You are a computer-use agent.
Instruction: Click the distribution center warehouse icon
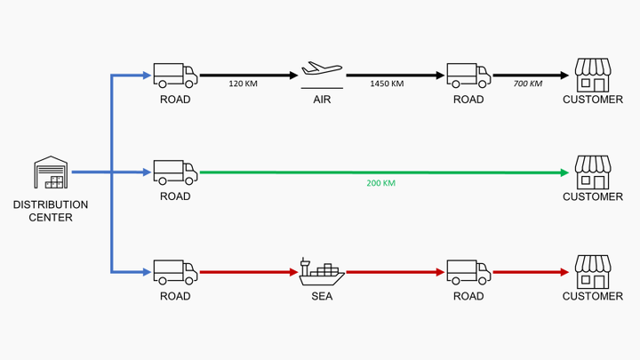click(51, 173)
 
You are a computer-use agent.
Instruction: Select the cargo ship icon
click(322, 270)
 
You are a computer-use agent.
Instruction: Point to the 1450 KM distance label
click(387, 84)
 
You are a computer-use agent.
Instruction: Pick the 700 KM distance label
click(528, 84)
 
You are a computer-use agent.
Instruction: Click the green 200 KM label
click(380, 183)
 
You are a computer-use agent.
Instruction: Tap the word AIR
click(322, 100)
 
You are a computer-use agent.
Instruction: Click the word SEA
click(322, 296)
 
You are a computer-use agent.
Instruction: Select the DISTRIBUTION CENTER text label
click(51, 210)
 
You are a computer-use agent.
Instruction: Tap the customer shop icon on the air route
click(593, 75)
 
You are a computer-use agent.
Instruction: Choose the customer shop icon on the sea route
click(593, 270)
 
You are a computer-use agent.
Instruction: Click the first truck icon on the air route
click(175, 75)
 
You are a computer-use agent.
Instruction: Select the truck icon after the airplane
click(468, 75)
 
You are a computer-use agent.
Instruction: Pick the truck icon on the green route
click(175, 172)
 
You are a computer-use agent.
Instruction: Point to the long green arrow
click(382, 172)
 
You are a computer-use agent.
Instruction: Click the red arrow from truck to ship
click(247, 271)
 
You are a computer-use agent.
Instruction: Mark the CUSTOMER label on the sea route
click(593, 296)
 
